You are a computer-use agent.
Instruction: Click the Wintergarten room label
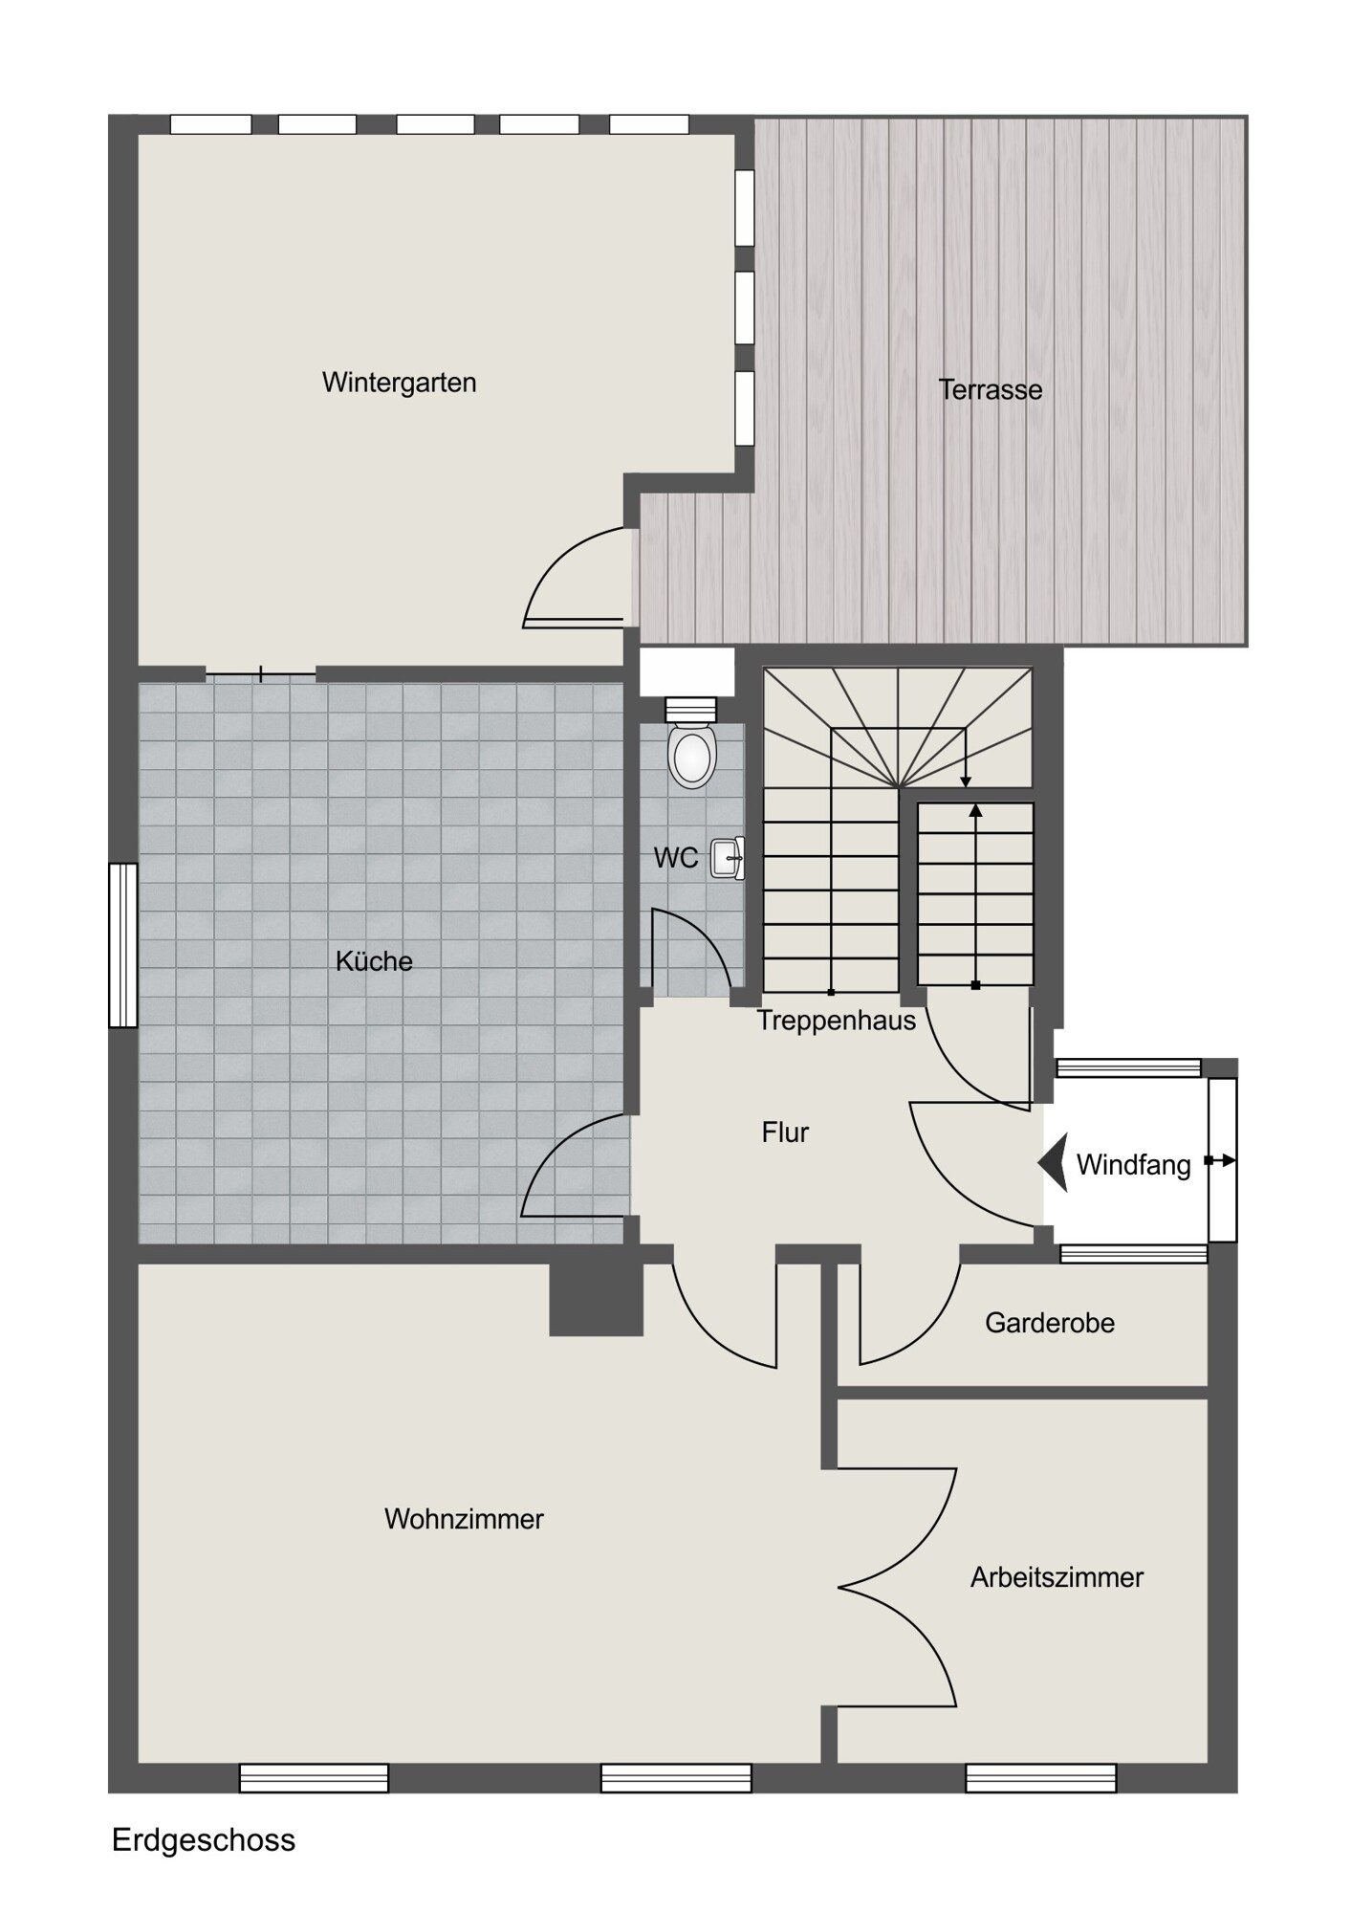tap(399, 383)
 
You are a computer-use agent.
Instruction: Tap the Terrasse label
tap(990, 390)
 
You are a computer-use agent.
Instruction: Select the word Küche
tap(374, 960)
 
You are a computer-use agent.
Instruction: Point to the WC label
tap(676, 858)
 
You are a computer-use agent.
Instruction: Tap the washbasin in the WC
tap(728, 858)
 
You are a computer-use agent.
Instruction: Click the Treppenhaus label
tap(837, 1021)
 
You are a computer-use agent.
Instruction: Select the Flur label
tap(785, 1132)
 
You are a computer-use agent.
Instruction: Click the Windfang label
tap(1133, 1165)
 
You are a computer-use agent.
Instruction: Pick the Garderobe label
tap(1050, 1323)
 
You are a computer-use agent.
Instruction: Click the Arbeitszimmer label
tap(1057, 1577)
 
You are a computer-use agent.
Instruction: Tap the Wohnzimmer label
tap(464, 1519)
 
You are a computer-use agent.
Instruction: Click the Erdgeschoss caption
tap(204, 1840)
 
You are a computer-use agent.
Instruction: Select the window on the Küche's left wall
tap(123, 945)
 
